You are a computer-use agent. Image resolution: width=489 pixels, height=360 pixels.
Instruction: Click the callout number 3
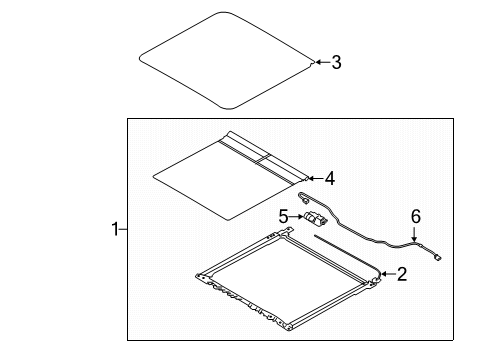(x=336, y=62)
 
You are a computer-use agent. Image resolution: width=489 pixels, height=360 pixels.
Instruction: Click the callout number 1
(x=115, y=230)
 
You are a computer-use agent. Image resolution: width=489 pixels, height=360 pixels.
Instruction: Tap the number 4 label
(x=329, y=179)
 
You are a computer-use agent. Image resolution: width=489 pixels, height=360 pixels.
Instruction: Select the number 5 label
(x=283, y=215)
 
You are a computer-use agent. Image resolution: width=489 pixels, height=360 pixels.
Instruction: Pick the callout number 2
(x=401, y=273)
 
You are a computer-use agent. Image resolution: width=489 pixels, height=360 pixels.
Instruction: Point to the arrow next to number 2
(x=383, y=273)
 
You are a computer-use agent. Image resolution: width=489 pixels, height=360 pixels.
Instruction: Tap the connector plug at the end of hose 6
(x=441, y=258)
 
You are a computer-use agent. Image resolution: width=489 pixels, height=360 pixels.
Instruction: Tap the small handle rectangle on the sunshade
(x=270, y=157)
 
